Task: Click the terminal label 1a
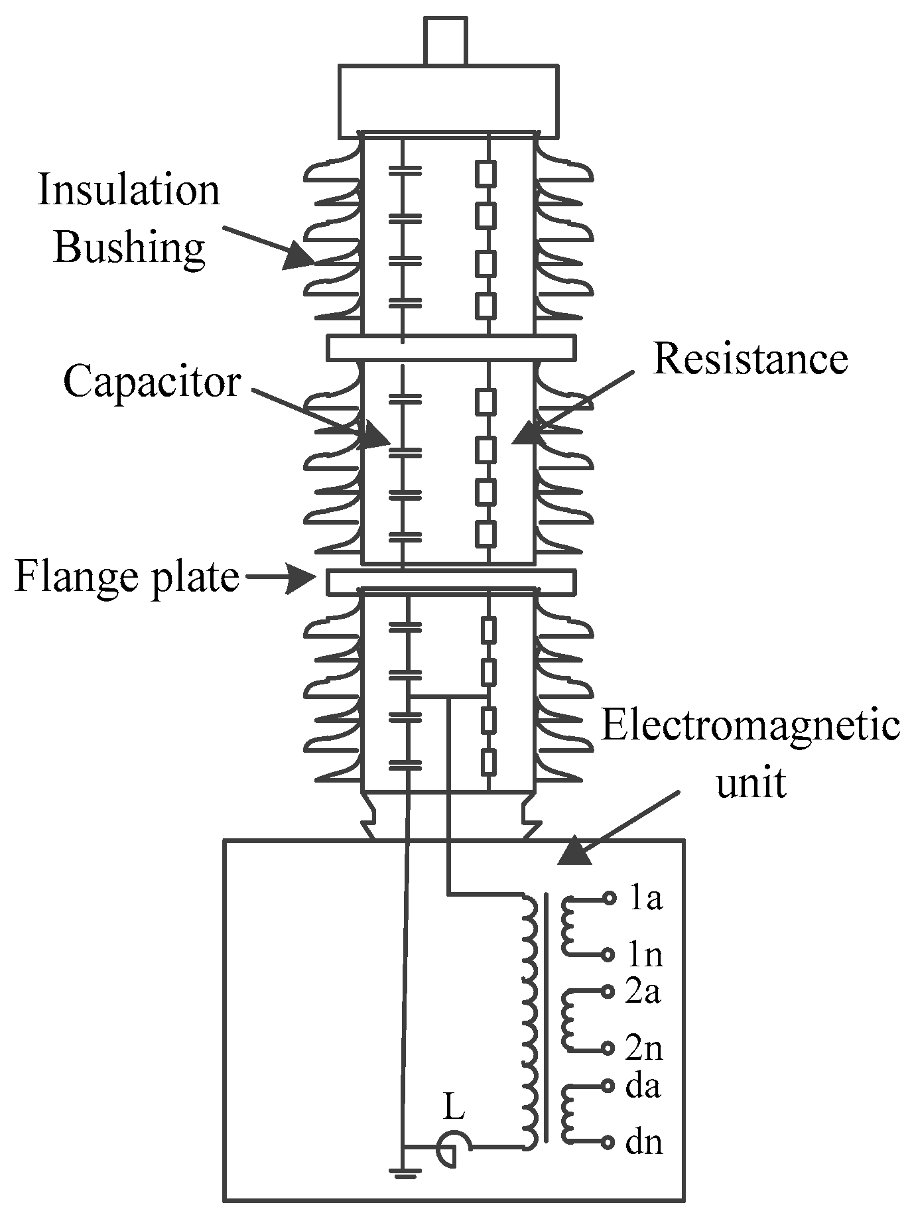coord(645,899)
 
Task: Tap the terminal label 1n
coord(645,955)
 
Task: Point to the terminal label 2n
coord(644,1049)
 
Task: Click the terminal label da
coord(643,1086)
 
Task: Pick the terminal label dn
coord(644,1143)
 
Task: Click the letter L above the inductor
coord(454,1107)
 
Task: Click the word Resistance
coord(750,359)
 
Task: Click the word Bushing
coord(129,248)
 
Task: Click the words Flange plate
coord(127,577)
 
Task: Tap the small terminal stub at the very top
coord(446,41)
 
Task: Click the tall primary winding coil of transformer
coord(529,1021)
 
